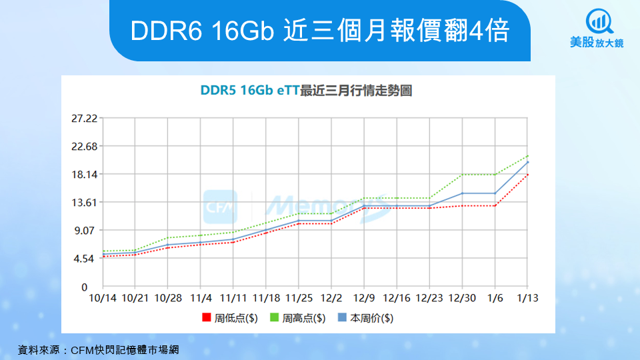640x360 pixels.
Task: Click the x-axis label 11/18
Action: [x=267, y=297]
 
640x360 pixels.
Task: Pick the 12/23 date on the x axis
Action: [x=430, y=297]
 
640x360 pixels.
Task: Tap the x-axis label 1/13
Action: [x=528, y=297]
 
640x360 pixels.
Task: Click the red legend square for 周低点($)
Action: [x=207, y=318]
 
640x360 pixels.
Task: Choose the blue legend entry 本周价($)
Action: [x=365, y=318]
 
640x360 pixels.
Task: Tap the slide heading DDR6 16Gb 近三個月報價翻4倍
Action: [x=320, y=31]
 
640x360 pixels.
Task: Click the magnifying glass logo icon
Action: [x=598, y=21]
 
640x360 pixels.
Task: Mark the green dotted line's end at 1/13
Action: [x=528, y=156]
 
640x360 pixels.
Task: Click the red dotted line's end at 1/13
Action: [x=528, y=174]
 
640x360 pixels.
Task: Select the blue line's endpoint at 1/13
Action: [x=528, y=162]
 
